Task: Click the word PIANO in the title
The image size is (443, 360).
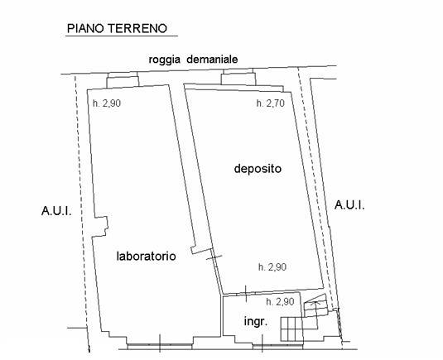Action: tap(84, 28)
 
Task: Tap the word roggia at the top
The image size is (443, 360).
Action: tap(165, 60)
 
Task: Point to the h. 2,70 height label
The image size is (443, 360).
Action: tap(271, 104)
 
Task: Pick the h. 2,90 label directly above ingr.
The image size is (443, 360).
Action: tap(282, 301)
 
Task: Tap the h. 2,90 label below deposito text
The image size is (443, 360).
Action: tap(272, 266)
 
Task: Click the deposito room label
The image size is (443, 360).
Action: tap(258, 169)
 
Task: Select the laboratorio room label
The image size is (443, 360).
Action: tap(146, 257)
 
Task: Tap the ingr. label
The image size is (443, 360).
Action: tap(254, 321)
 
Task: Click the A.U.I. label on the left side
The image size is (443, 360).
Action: tap(56, 211)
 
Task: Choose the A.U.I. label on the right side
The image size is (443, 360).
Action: tap(350, 204)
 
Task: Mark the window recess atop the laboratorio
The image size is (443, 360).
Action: tap(120, 79)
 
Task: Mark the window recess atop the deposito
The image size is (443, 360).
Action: tap(236, 79)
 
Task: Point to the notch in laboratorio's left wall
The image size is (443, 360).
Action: tap(103, 223)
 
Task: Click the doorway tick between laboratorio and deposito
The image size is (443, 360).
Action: tap(214, 258)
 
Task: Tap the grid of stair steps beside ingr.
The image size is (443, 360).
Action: tap(294, 329)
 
